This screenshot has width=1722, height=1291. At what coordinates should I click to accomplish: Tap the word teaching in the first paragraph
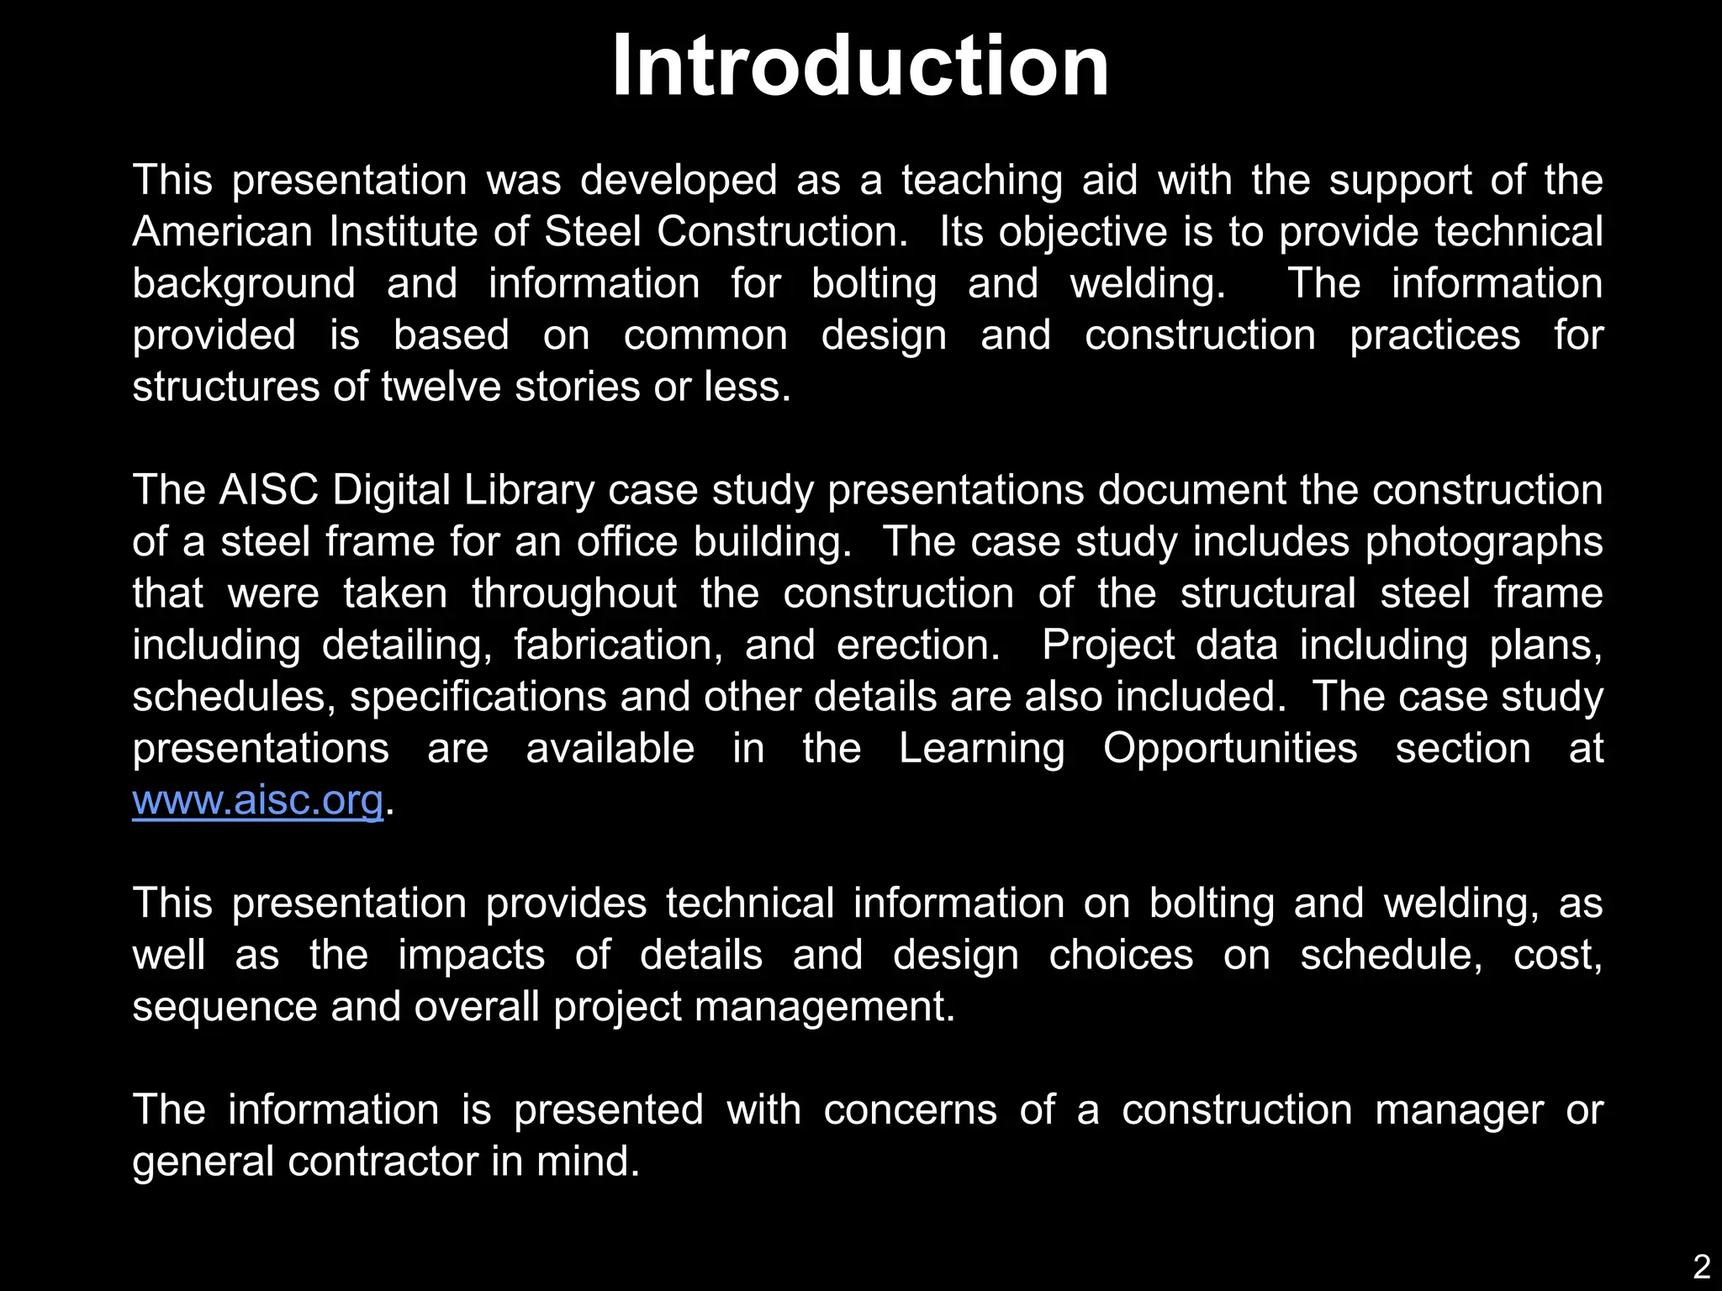tap(982, 181)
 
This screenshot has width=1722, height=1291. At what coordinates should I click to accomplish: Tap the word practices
tap(1435, 336)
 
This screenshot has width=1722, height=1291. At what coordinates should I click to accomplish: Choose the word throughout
tap(574, 594)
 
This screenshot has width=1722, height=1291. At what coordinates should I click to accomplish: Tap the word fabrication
tap(619, 645)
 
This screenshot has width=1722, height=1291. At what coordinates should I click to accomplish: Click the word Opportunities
tap(1230, 750)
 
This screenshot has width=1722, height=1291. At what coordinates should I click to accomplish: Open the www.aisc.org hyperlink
tap(258, 801)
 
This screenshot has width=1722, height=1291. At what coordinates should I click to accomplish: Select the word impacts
tap(471, 956)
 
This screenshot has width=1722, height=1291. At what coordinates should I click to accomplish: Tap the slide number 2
tap(1701, 1267)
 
